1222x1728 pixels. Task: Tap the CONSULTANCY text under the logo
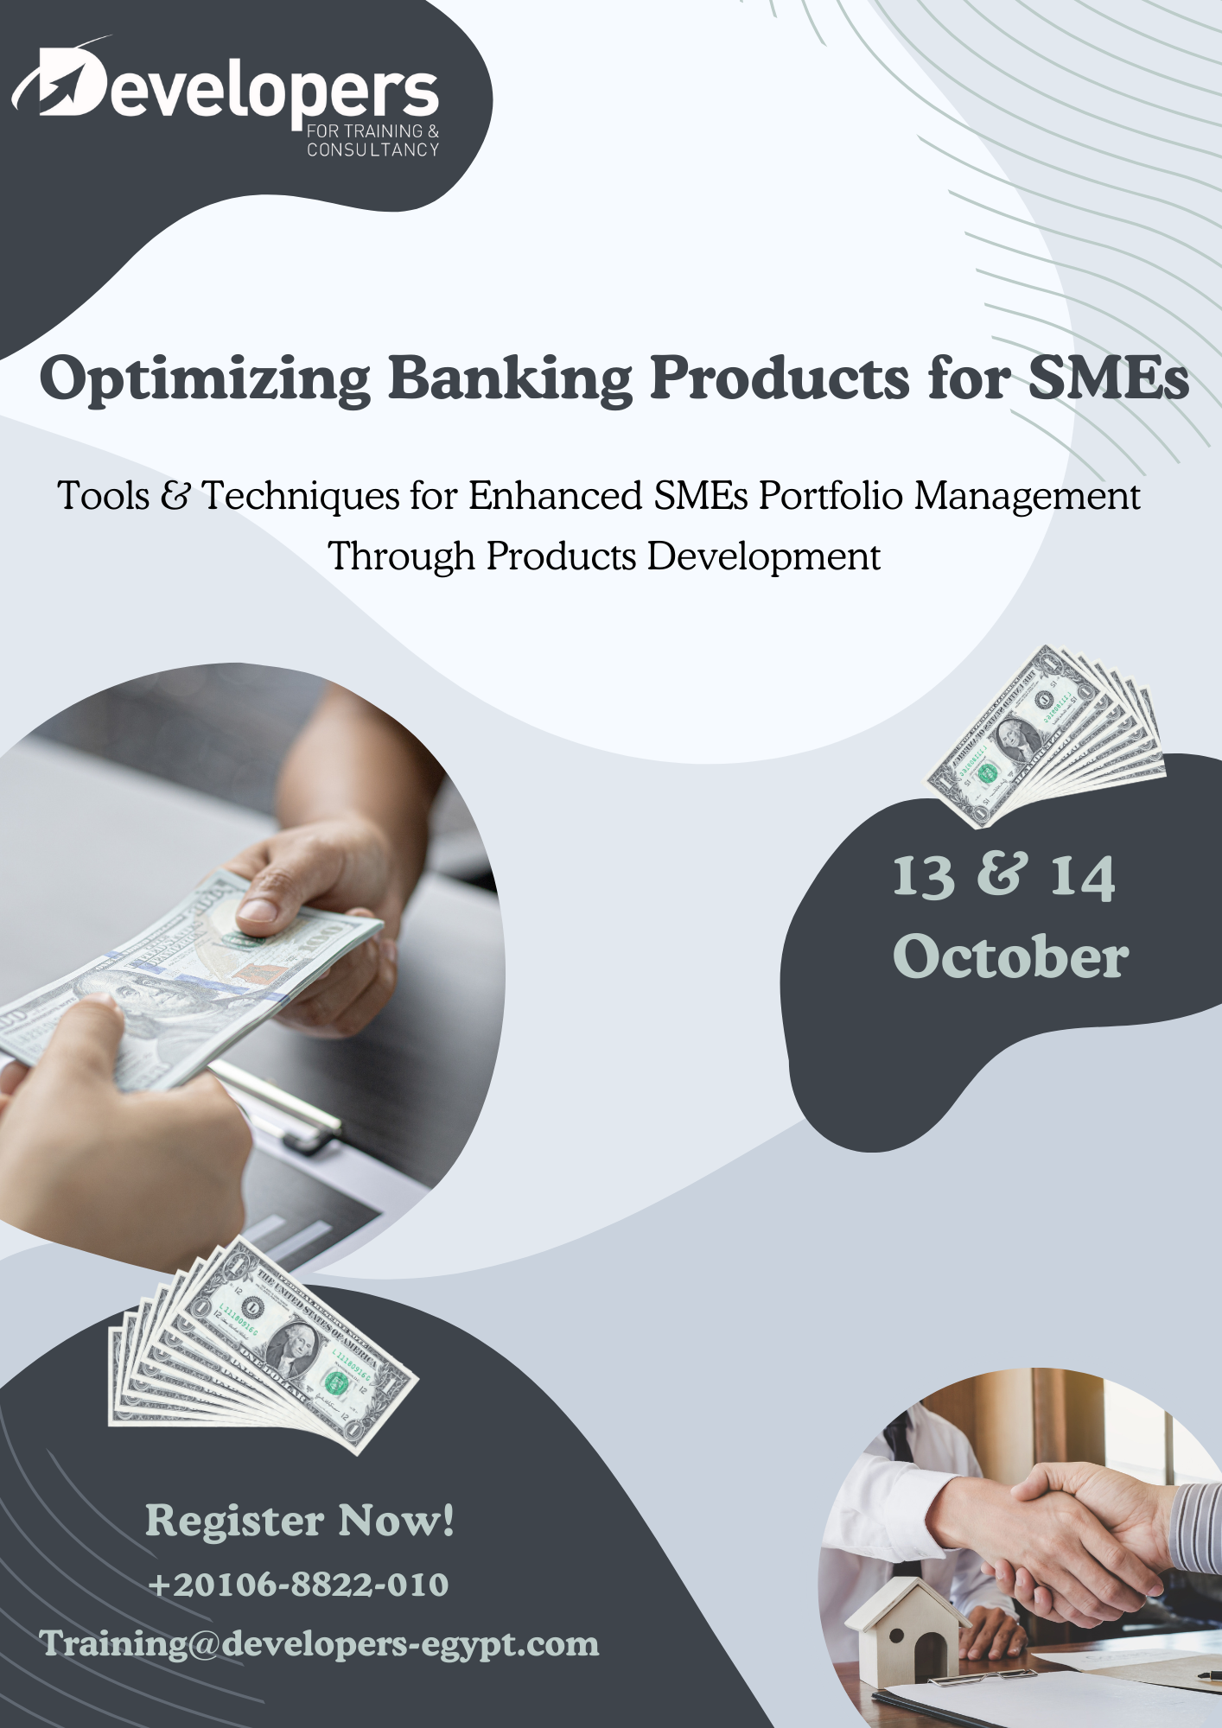[373, 150]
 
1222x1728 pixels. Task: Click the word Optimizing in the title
[206, 378]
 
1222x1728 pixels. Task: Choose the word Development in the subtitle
[764, 557]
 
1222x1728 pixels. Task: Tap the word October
[1010, 956]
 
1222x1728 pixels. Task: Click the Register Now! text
[300, 1521]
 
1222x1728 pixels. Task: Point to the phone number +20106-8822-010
[298, 1585]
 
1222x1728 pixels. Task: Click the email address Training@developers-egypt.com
[319, 1644]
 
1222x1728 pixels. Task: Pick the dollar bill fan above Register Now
[262, 1345]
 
